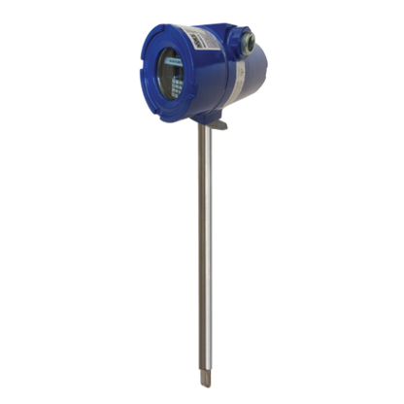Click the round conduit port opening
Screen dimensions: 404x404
point(250,40)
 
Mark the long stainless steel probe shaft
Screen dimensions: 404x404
point(203,243)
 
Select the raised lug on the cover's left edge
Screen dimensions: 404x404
point(140,73)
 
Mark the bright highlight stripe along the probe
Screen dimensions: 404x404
point(201,243)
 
